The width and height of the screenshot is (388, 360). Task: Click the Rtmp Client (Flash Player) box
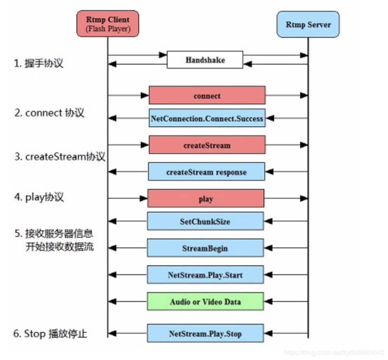(107, 24)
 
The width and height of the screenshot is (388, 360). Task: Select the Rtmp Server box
(308, 24)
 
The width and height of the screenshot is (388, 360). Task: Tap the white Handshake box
(205, 60)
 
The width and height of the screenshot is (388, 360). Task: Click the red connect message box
(207, 95)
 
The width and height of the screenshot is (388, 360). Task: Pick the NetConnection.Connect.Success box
(207, 118)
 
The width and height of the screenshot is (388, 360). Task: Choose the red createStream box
(207, 145)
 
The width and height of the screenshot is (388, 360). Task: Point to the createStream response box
(206, 172)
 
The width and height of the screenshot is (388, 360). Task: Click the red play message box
(205, 199)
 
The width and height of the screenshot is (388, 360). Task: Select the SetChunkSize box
(205, 221)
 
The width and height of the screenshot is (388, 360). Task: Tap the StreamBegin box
(205, 248)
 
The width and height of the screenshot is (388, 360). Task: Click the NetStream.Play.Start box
(205, 275)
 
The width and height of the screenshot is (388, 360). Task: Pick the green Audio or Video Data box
(205, 301)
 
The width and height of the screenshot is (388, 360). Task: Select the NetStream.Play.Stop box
(205, 334)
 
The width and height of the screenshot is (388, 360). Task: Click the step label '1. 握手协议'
(39, 63)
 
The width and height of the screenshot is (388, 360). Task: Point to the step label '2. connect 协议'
(49, 113)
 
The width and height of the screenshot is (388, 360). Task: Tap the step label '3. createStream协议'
(60, 156)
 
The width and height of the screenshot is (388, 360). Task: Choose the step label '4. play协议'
(39, 197)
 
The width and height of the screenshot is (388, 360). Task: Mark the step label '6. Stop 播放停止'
(50, 334)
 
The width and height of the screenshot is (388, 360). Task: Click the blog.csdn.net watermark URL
(334, 352)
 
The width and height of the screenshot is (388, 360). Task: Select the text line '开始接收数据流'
(59, 247)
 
